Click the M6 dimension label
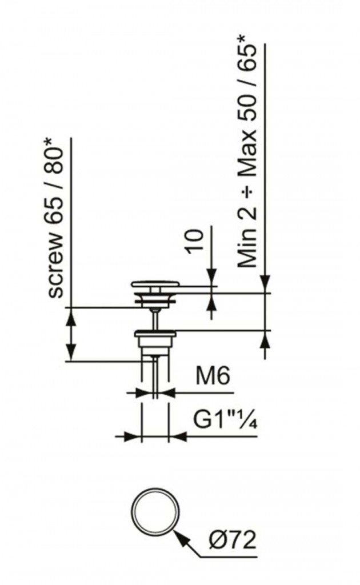[x=213, y=377]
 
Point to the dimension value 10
[x=196, y=241]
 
